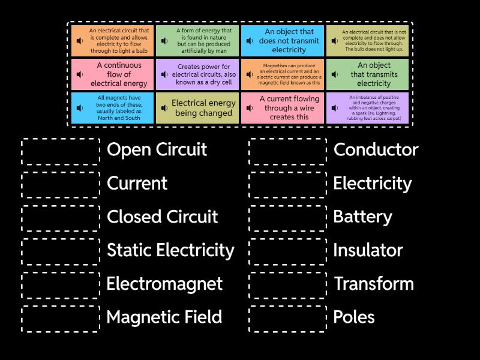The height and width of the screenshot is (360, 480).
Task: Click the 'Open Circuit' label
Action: [x=157, y=150]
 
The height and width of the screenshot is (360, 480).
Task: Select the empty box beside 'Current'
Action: [x=61, y=184]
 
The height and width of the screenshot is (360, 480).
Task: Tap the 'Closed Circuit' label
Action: [x=162, y=217]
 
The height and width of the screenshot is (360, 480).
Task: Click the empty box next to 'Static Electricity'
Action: [x=61, y=251]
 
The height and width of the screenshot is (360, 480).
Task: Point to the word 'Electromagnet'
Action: [x=164, y=284]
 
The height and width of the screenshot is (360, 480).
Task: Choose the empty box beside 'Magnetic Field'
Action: [x=61, y=318]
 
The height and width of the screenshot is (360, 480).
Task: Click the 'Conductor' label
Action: [x=376, y=150]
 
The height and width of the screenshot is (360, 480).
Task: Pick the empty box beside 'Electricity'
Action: [x=288, y=184]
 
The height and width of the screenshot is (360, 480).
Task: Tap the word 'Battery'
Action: [x=362, y=217]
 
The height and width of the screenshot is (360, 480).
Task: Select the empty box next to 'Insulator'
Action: [x=288, y=251]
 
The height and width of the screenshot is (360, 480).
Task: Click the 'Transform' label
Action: [x=373, y=284]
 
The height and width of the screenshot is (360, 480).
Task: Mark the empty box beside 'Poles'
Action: [x=288, y=318]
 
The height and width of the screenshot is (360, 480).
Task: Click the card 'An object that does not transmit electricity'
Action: [x=283, y=41]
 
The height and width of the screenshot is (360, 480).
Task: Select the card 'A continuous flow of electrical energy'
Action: [x=113, y=74]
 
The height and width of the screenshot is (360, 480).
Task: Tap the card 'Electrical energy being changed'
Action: [x=197, y=108]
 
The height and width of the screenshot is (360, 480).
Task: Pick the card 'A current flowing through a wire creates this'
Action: [x=283, y=108]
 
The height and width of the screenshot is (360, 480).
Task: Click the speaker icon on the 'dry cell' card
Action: [x=165, y=74]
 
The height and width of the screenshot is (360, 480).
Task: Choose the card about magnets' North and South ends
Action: [x=113, y=108]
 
